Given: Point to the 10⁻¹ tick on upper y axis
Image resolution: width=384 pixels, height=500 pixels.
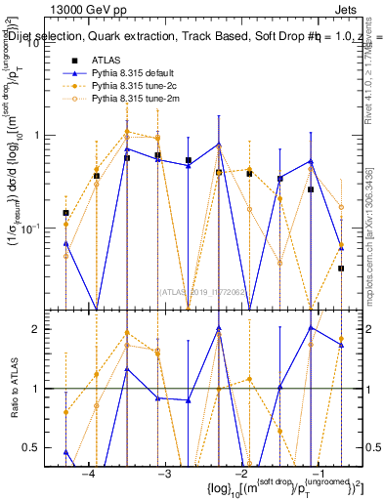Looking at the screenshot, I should pyautogui.click(x=37, y=228).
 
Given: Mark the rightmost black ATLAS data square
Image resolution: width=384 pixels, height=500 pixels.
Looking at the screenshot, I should pyautogui.click(x=341, y=268).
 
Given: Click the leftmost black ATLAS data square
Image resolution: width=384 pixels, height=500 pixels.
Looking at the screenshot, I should pyautogui.click(x=65, y=213).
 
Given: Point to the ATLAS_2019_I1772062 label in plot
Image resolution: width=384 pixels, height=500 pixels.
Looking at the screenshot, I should pyautogui.click(x=202, y=291).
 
